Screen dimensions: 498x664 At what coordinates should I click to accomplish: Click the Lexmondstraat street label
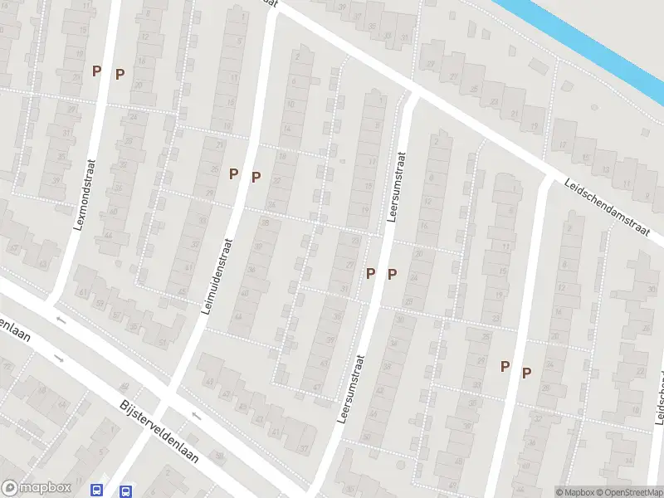[x=86, y=194]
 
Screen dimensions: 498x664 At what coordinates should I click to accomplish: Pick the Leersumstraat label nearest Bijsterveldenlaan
[x=351, y=389]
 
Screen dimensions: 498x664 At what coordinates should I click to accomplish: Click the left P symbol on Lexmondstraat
[x=96, y=71]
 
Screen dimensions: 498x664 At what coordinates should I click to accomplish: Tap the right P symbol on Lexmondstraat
[x=120, y=74]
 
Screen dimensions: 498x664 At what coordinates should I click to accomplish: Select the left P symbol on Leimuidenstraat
[x=233, y=173]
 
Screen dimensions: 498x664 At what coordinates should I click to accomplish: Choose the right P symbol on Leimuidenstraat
[x=256, y=176]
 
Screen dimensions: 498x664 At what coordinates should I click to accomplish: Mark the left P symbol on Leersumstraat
[x=370, y=272]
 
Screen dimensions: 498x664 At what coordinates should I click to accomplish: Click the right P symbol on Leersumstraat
[x=392, y=274]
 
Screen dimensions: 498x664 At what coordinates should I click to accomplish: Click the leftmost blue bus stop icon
[x=97, y=490]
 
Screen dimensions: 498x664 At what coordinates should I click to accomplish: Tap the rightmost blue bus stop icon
[x=125, y=491]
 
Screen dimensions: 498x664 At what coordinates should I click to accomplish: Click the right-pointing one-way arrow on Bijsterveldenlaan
[x=59, y=358]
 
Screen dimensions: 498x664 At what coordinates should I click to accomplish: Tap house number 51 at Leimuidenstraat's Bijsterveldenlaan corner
[x=163, y=342]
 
